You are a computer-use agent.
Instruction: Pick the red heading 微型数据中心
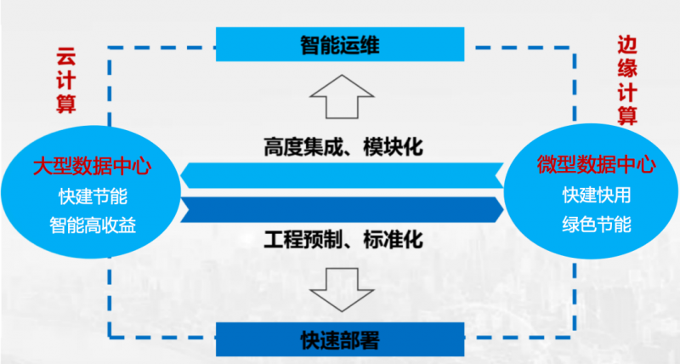[x=596, y=164]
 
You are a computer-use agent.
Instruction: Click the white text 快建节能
[x=93, y=196]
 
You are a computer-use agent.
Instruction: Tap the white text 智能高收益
[x=93, y=225]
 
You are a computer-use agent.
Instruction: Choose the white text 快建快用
[x=596, y=195]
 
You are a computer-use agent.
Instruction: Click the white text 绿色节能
[x=596, y=225]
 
